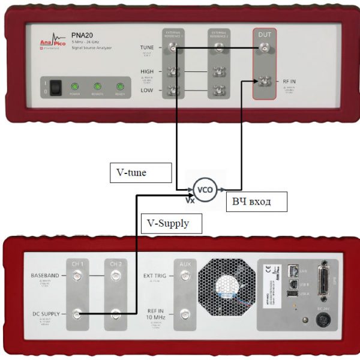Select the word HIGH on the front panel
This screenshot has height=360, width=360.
(x=146, y=71)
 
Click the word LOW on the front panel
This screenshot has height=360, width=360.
(x=146, y=90)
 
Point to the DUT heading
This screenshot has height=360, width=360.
(x=264, y=35)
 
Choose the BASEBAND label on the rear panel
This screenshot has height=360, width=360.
(x=44, y=275)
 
